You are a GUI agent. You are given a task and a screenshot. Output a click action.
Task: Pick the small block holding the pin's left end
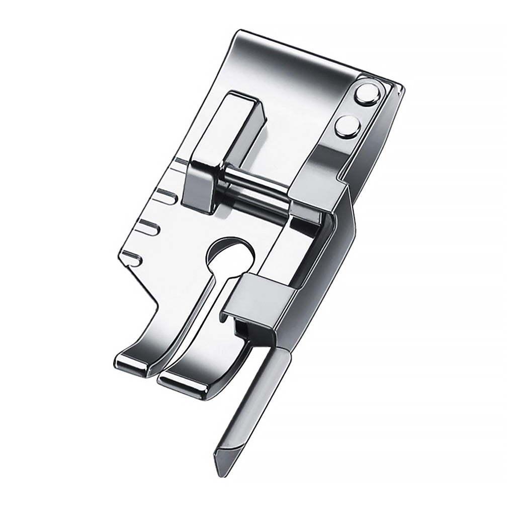201,184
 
